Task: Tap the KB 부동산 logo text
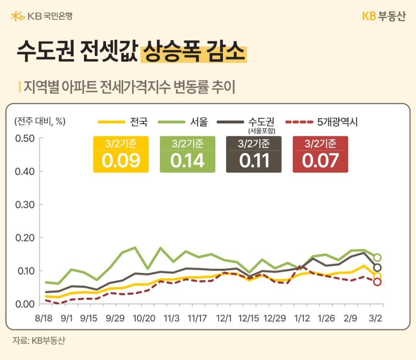[383, 16]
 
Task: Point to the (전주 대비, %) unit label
[40, 122]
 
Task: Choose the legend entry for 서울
[184, 122]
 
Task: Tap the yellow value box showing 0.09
[121, 154]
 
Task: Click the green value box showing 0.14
[187, 154]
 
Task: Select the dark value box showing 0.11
[254, 154]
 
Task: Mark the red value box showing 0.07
[320, 154]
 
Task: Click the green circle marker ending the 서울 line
[377, 257]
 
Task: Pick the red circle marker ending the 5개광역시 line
[377, 282]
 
